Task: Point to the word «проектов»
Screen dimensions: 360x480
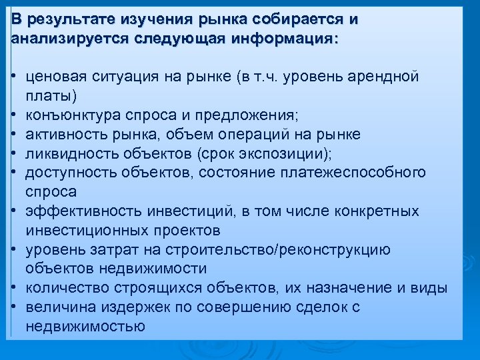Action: (185, 231)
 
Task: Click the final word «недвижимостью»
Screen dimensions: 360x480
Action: (85, 327)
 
